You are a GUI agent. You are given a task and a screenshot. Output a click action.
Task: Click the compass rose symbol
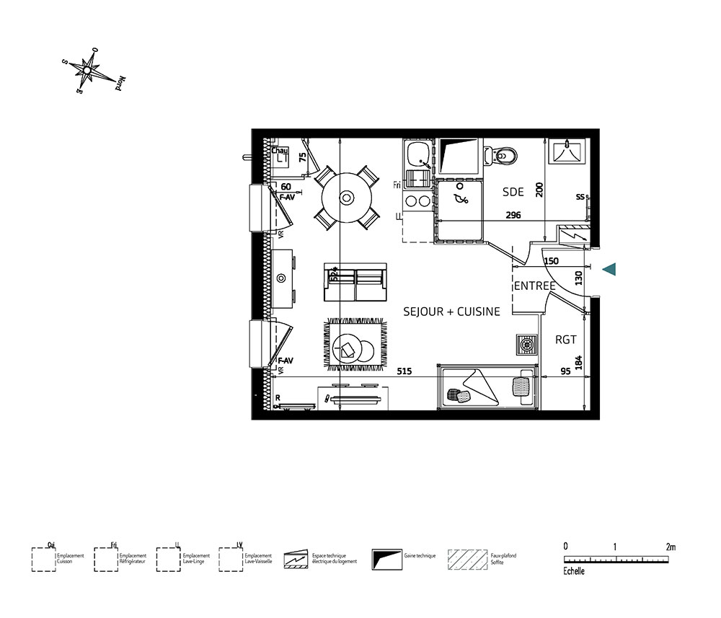(89, 70)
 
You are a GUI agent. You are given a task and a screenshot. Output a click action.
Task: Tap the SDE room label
(513, 192)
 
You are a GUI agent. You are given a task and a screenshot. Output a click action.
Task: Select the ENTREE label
(534, 286)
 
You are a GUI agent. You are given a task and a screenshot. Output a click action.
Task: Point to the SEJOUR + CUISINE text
(451, 312)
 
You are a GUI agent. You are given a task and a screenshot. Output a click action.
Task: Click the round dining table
(347, 197)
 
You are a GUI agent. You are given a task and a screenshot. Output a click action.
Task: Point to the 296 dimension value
(513, 215)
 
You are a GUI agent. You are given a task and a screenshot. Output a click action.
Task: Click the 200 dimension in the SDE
(539, 190)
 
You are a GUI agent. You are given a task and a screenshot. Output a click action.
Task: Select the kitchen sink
(417, 155)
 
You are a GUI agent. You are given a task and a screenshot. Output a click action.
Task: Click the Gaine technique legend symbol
(386, 559)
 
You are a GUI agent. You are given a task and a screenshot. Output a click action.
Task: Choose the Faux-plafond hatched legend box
(467, 559)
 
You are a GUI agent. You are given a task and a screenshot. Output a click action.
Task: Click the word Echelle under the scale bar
(575, 571)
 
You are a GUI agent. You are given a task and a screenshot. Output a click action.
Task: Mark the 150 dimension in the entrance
(551, 261)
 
